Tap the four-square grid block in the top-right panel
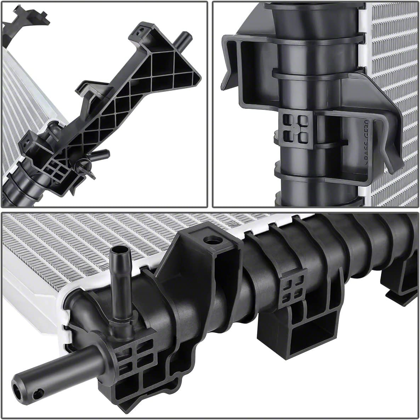coord(295,127)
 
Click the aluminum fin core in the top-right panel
coord(393,71)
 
